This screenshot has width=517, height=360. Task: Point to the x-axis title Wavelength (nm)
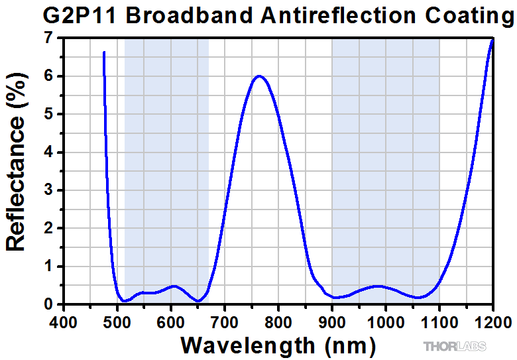coord(278,345)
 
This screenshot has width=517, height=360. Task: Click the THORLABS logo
coord(455,346)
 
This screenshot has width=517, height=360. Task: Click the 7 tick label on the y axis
coord(48,38)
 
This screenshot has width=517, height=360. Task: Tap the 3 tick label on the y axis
coord(48,190)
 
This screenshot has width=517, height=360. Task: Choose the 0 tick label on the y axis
coord(48,304)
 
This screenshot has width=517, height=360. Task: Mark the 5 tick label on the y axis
coord(48,114)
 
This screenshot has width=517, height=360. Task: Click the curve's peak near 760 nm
coord(258,76)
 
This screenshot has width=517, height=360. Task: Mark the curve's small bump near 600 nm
coord(174,286)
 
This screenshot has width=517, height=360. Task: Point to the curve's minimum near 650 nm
coord(198,301)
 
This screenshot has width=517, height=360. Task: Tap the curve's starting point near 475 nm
coord(104,52)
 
